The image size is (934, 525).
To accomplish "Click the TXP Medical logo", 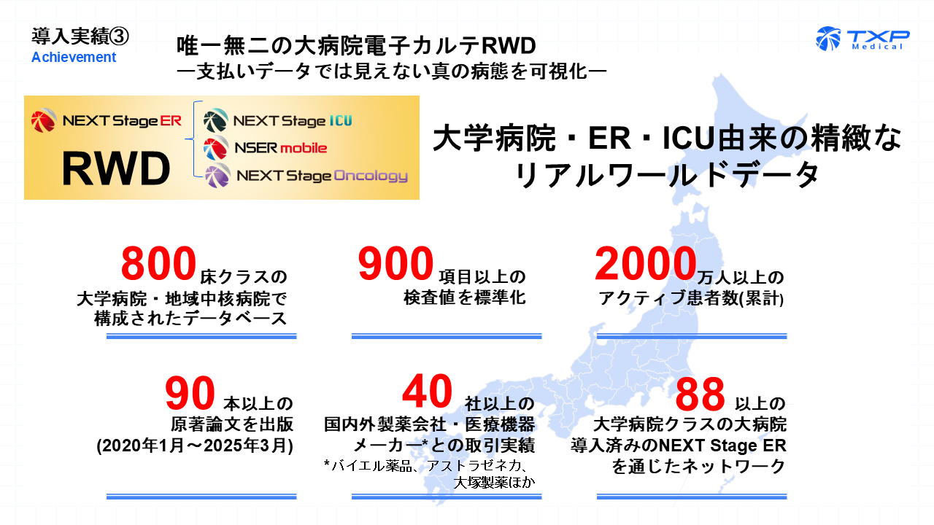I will point(862,38).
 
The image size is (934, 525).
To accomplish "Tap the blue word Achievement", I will point(74,57).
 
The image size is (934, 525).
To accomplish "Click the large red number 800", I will point(160,264).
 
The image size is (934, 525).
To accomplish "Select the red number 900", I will point(396,264).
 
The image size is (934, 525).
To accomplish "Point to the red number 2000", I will point(643,264).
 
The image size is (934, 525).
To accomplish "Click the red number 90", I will point(190,394).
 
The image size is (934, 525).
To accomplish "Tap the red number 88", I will point(700,394).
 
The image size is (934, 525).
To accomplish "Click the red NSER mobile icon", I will point(215,148).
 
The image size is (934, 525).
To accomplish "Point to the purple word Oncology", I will point(371,176).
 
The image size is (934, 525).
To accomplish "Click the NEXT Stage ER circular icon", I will point(43,120).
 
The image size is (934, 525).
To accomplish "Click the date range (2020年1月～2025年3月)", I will point(195,446).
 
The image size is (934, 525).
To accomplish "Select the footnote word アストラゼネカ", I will point(475,466).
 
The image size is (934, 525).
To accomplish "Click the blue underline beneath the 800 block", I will point(201,336).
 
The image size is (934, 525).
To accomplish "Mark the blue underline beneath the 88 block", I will point(692,497).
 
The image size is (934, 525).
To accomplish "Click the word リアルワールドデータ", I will point(667,175).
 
